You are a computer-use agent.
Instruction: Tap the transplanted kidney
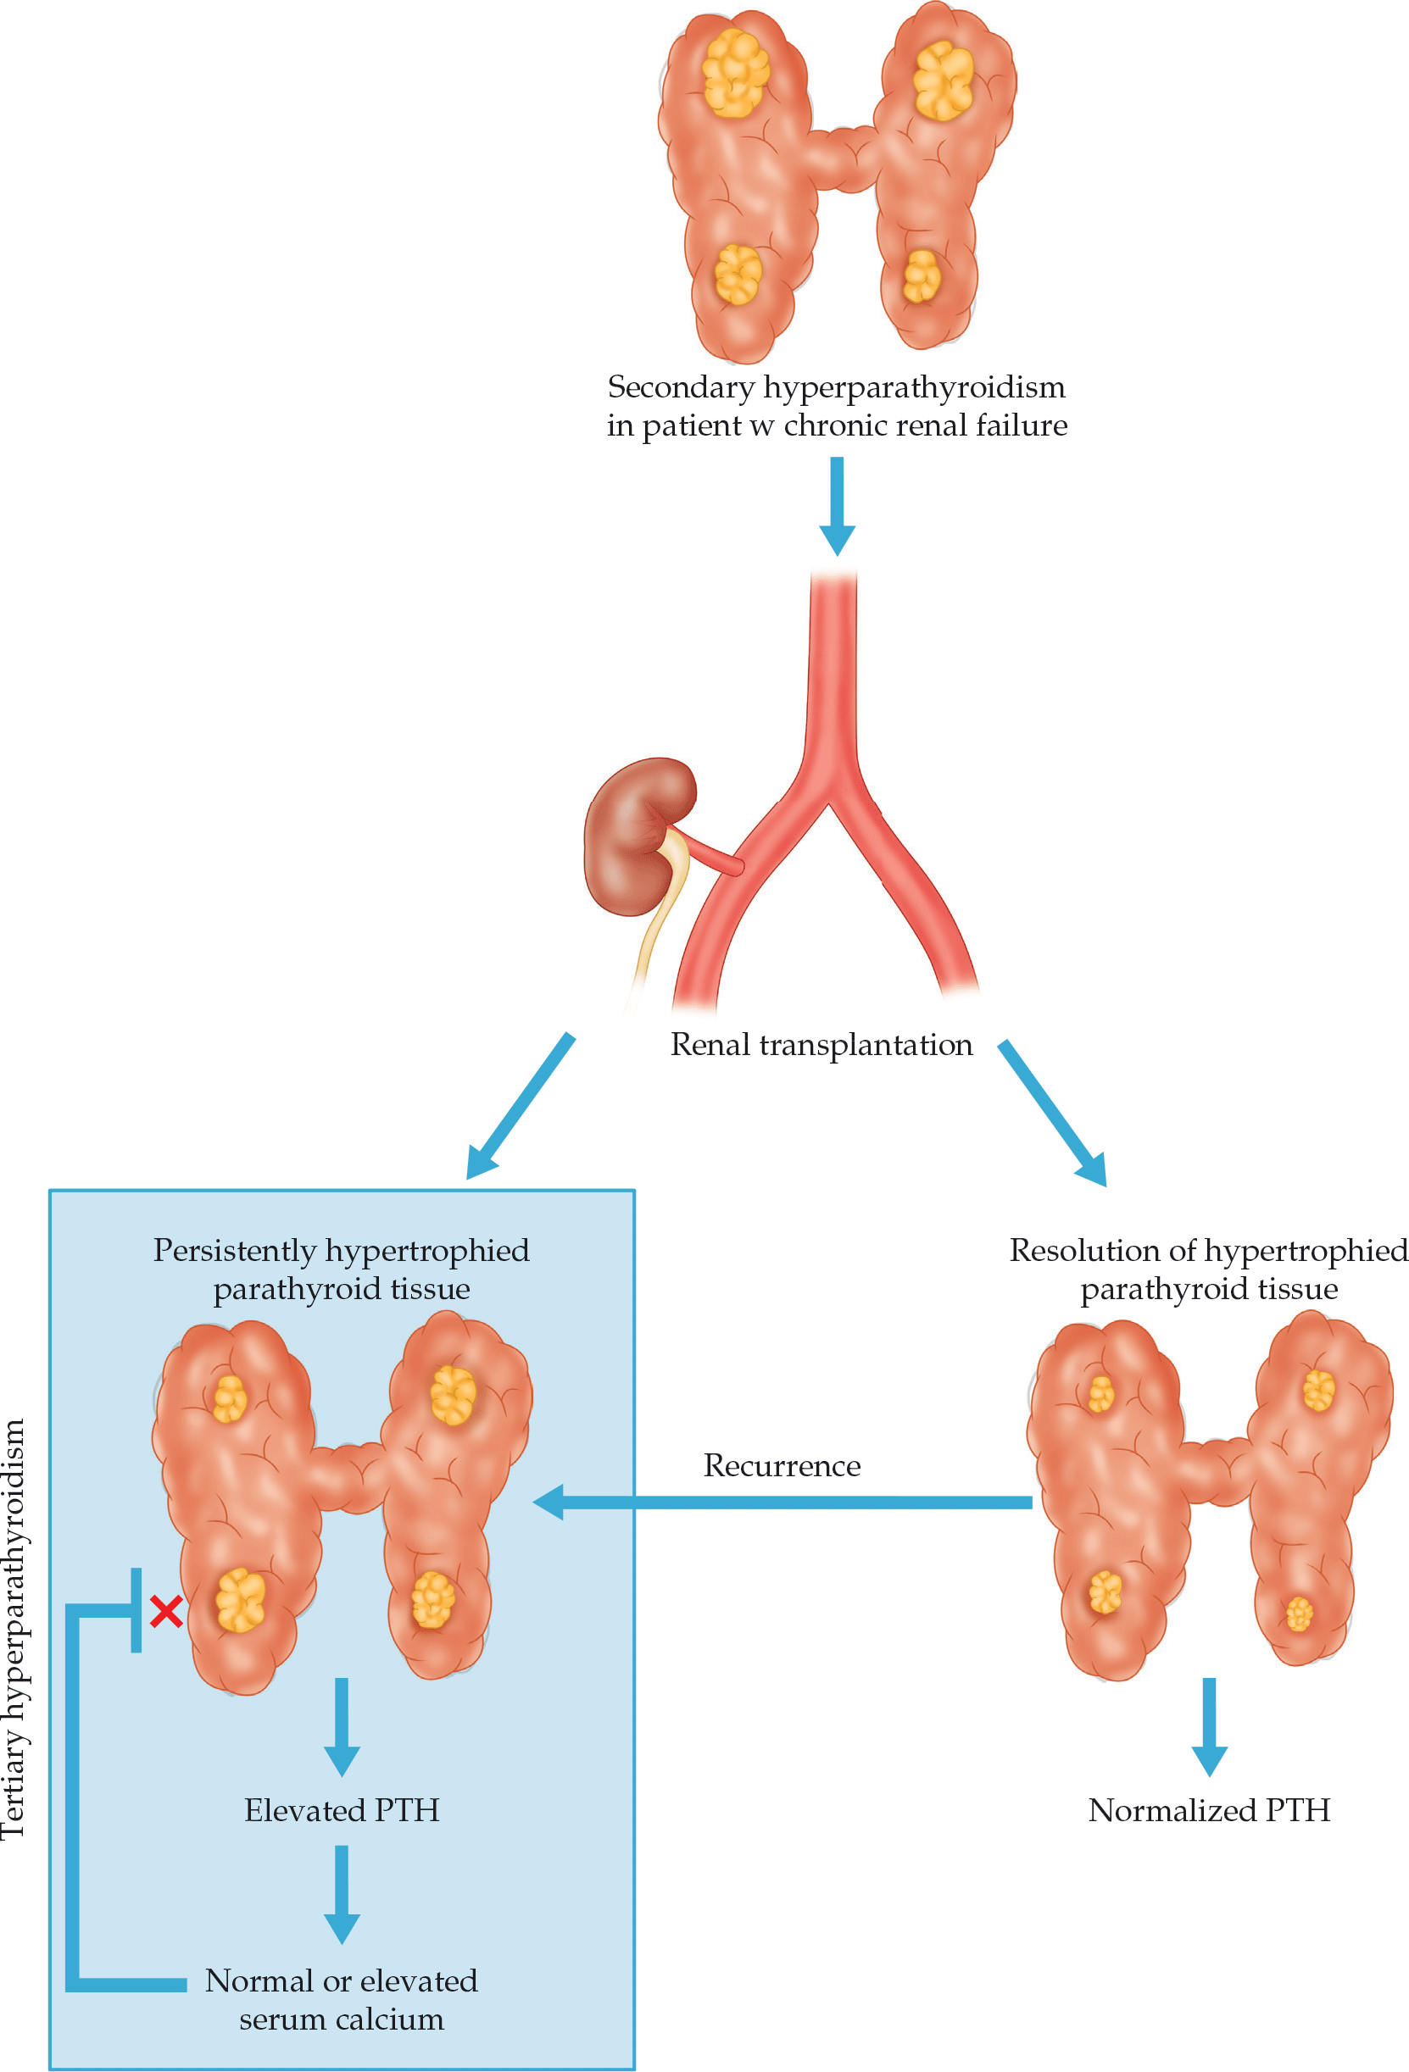click(633, 834)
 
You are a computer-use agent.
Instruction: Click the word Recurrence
click(781, 1466)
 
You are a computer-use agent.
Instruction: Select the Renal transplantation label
click(821, 1044)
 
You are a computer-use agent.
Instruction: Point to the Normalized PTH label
click(1208, 1811)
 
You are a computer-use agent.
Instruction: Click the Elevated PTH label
click(342, 1811)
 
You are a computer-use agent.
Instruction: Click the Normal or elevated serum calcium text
click(342, 2000)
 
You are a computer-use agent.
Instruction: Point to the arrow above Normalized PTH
click(1208, 1725)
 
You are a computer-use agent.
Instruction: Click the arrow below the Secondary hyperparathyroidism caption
click(837, 504)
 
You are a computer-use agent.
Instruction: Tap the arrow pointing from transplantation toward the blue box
click(520, 1106)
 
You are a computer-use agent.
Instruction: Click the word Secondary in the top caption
click(681, 387)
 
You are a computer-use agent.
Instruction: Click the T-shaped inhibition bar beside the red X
click(136, 1610)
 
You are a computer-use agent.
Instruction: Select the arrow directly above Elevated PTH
click(342, 1725)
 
